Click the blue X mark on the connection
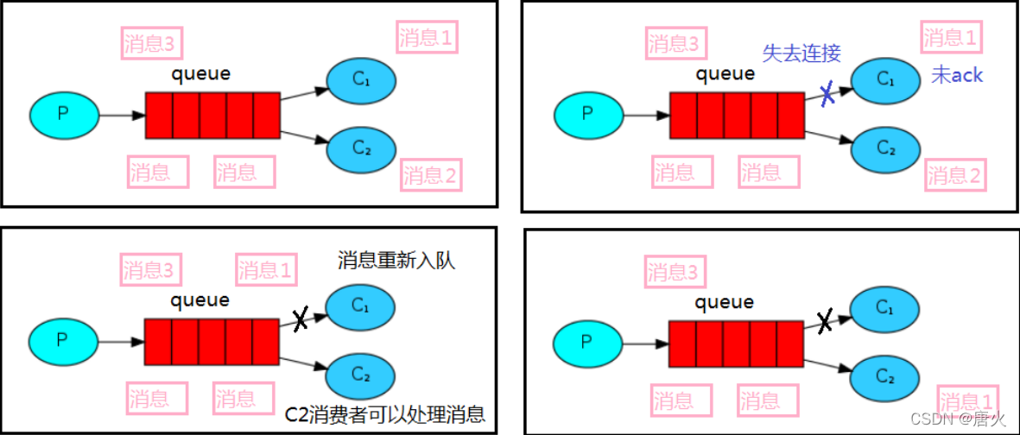(x=827, y=95)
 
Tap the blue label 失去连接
(x=801, y=53)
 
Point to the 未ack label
(x=956, y=75)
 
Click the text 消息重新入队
(x=396, y=260)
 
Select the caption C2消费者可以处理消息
(x=384, y=414)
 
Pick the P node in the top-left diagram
(x=63, y=114)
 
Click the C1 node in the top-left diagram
(x=361, y=80)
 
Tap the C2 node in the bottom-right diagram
(x=885, y=375)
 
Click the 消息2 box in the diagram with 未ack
(x=955, y=176)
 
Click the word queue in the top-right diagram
(x=725, y=74)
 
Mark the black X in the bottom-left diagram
(x=300, y=320)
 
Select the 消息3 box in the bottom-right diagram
(x=675, y=273)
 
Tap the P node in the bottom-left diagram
(x=62, y=339)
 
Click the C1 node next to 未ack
(x=885, y=79)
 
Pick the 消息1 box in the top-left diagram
(x=427, y=38)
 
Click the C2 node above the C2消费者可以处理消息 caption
(x=361, y=375)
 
